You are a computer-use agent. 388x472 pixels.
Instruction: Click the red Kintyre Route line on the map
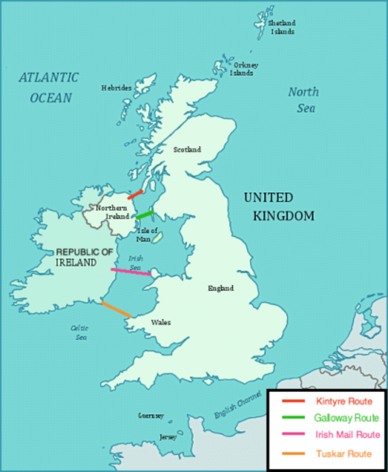click(136, 195)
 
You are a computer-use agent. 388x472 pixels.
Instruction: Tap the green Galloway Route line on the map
click(145, 214)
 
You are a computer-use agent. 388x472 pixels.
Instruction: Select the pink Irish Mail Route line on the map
click(131, 272)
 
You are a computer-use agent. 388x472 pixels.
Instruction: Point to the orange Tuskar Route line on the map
click(116, 310)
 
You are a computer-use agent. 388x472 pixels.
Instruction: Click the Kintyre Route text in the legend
click(343, 401)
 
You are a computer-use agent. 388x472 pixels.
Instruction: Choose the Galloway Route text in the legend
click(346, 418)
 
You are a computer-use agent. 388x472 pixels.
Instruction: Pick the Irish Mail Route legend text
click(347, 435)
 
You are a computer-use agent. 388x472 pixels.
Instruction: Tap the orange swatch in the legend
click(294, 454)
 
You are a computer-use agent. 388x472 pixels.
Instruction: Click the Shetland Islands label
click(282, 27)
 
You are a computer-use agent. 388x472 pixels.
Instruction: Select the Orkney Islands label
click(243, 69)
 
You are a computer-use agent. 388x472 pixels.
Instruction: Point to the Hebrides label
click(116, 88)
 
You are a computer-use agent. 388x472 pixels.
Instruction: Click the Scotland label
click(187, 149)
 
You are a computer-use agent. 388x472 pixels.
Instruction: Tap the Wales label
click(161, 322)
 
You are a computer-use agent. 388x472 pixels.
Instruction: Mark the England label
click(220, 288)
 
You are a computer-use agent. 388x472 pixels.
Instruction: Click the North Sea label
click(303, 100)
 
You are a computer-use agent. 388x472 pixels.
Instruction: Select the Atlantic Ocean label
click(48, 87)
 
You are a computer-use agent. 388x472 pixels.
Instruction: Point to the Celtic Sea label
click(80, 332)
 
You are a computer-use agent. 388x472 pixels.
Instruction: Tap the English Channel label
click(238, 405)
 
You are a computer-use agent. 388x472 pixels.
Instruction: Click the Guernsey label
click(150, 415)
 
